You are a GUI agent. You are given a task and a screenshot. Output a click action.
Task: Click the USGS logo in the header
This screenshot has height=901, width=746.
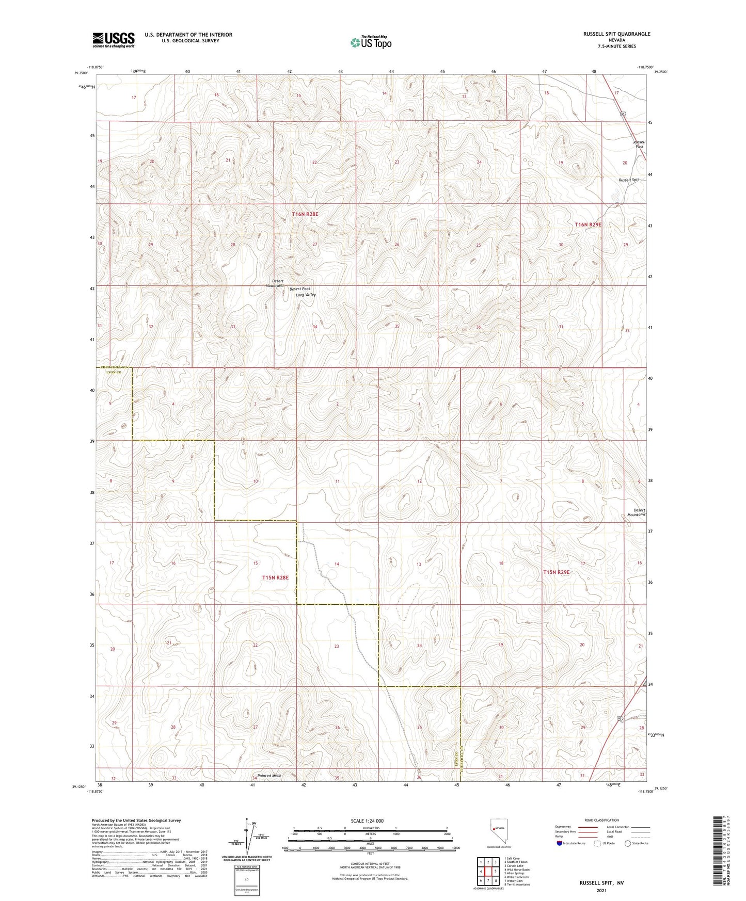coord(114,39)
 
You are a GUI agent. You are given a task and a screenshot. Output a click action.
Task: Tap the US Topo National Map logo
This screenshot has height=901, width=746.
coord(370,42)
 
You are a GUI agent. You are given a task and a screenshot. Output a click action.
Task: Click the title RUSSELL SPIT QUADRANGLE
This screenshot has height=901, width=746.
coord(616,34)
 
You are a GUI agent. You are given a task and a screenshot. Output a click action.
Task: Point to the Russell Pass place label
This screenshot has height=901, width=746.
coord(639,144)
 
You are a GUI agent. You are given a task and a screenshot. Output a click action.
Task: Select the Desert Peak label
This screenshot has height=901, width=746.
coord(300,289)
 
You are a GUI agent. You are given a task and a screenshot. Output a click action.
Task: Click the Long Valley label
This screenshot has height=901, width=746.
coord(306,295)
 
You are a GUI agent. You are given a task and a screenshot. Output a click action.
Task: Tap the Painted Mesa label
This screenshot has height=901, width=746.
coord(269,776)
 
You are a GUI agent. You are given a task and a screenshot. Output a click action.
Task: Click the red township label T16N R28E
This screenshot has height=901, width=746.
coord(305,214)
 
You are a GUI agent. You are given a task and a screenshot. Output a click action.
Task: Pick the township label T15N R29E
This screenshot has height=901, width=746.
coord(556,572)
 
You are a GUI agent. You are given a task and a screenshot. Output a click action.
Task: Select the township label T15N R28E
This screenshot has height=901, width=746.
coord(275,577)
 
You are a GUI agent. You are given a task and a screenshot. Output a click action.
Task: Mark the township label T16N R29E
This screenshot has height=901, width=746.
coord(588,224)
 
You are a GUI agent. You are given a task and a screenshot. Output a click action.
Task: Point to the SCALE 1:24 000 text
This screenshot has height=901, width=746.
coord(367,820)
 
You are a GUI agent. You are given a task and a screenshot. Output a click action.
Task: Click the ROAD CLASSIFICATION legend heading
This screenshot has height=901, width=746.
coord(601,820)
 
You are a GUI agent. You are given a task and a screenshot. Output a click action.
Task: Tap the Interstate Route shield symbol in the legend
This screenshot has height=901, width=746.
coord(560,843)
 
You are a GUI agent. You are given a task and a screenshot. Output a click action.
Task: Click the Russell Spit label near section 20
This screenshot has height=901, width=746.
coord(629,180)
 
